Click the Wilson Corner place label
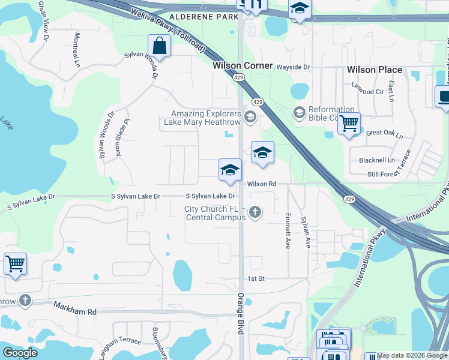point(243,65)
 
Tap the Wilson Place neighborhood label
point(374,70)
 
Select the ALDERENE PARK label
point(204,17)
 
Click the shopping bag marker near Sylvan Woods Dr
point(160,46)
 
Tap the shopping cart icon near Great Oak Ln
point(348,124)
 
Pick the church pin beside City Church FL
point(256,212)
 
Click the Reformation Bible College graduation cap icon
point(298,112)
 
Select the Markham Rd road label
point(75,312)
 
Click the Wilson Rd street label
point(262,184)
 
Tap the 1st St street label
point(256,278)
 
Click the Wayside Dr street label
point(292,67)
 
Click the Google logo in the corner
point(20,353)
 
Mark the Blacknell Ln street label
point(377,160)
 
